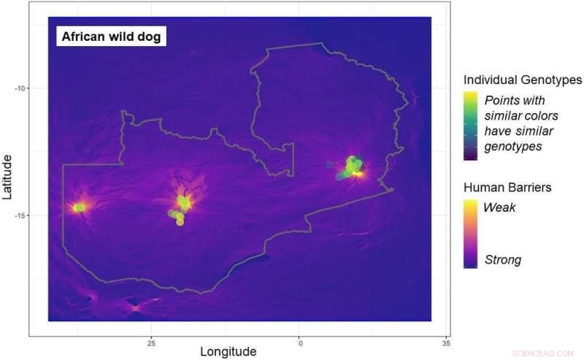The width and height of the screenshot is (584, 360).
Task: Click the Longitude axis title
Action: (228, 351)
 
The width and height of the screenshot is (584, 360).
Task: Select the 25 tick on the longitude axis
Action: (151, 342)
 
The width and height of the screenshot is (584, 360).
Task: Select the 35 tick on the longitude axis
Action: (446, 342)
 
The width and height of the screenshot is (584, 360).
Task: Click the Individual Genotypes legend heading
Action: (522, 80)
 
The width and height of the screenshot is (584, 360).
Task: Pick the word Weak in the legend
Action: (499, 207)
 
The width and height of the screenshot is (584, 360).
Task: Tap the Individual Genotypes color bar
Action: (471, 124)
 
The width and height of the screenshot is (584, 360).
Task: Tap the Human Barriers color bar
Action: (471, 234)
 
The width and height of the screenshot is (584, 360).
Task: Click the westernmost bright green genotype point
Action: (79, 207)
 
